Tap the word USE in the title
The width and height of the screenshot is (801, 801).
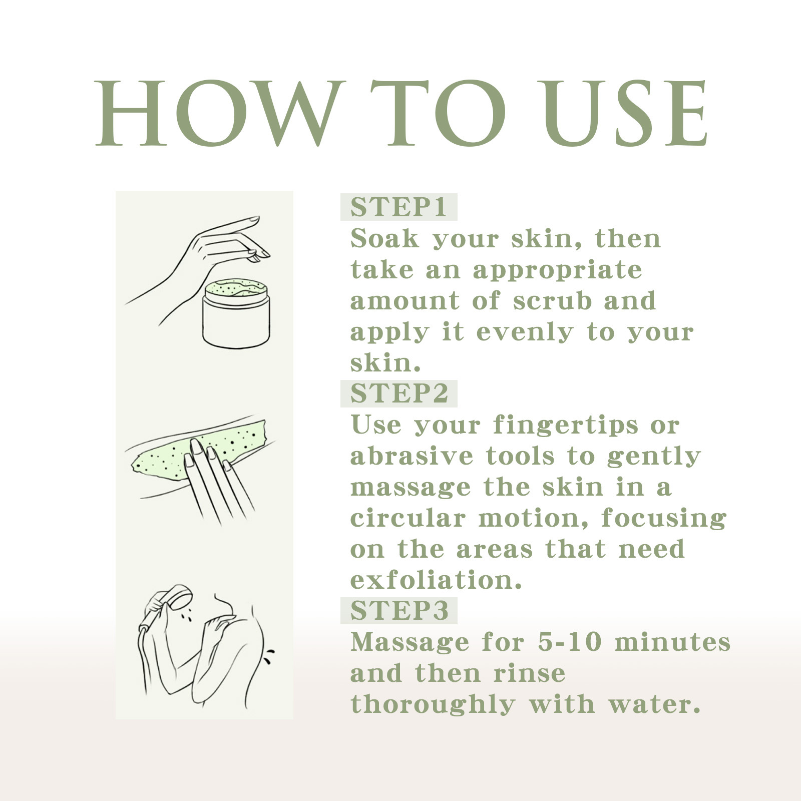626,114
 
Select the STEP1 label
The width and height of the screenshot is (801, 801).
398,207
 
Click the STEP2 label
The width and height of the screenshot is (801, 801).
399,393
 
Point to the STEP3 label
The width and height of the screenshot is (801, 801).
399,610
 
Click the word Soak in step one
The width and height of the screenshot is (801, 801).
384,238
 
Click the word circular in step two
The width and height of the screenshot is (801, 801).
408,518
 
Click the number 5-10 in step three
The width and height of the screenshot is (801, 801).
569,642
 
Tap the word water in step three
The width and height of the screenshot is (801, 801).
654,704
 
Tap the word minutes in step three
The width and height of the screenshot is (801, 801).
672,642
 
